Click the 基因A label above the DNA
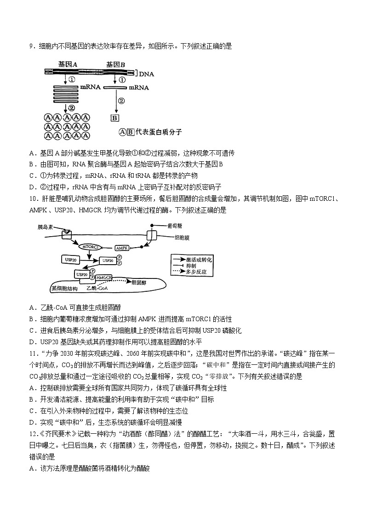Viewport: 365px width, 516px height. [67, 64]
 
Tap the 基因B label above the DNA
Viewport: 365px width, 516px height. [116, 64]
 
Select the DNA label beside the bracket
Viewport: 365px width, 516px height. [146, 73]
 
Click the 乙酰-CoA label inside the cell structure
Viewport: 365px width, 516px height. [97, 288]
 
